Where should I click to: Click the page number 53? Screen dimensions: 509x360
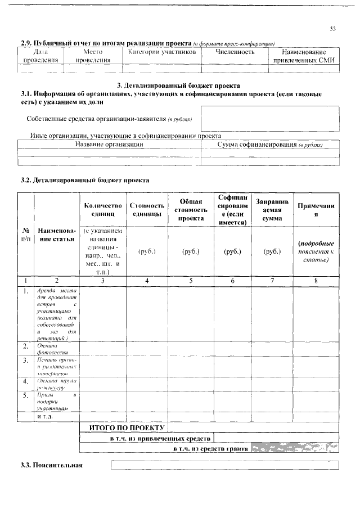(332, 29)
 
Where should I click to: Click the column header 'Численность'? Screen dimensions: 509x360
(235, 52)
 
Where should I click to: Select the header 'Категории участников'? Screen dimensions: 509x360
(162, 52)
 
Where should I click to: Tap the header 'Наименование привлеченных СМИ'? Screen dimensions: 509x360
(304, 56)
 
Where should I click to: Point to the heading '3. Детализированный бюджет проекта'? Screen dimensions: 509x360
(178, 84)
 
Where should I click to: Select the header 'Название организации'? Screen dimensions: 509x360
(109, 144)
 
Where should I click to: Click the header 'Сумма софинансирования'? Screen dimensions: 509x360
(269, 145)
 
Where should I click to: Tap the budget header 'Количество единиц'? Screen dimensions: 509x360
(102, 210)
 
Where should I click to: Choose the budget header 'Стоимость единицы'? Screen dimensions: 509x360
(147, 210)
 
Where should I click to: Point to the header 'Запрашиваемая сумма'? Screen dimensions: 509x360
(272, 210)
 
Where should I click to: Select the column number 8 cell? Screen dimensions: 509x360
(316, 280)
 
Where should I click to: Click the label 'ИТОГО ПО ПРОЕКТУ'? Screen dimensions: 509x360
(125, 427)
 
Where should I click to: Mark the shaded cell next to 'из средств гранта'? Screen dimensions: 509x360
(295, 448)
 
